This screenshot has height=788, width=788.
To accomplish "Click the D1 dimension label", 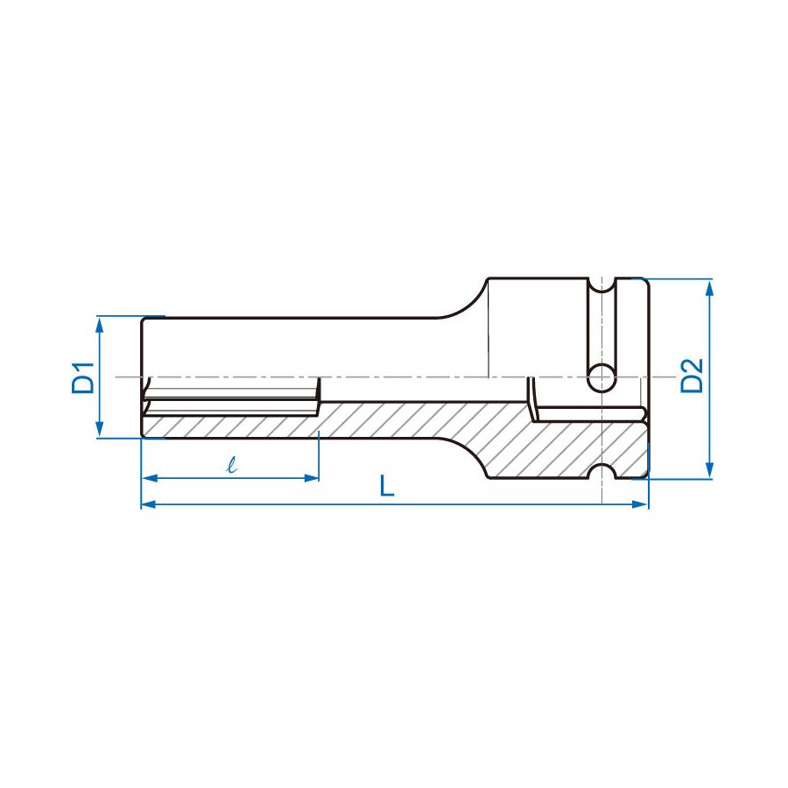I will pos(83,376).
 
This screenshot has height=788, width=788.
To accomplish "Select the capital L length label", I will pos(386,486).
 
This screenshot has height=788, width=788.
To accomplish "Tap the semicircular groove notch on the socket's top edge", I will pos(602,285).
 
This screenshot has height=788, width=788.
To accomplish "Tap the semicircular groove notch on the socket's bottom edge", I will pos(602,474).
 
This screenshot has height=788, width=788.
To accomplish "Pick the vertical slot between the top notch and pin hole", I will pos(602,328).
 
